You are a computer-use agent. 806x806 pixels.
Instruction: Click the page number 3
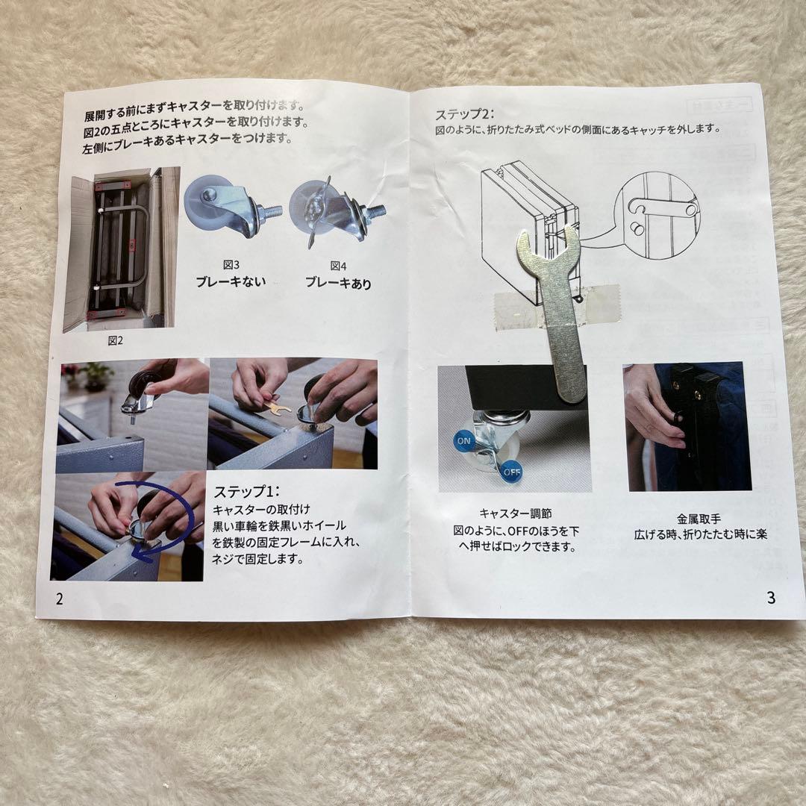click(x=770, y=596)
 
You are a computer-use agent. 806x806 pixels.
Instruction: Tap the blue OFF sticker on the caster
click(x=510, y=471)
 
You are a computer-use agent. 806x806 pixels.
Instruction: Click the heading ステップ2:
click(x=464, y=114)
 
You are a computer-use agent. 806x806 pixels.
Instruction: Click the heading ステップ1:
click(x=246, y=492)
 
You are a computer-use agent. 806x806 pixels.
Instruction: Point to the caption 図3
click(x=231, y=265)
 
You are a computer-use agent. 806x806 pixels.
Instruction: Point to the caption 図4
click(x=338, y=266)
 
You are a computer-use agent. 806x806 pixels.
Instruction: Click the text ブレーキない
click(x=231, y=282)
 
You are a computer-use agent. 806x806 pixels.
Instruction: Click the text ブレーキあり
click(x=338, y=283)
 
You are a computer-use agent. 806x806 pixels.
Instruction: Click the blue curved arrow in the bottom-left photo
click(x=160, y=522)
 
